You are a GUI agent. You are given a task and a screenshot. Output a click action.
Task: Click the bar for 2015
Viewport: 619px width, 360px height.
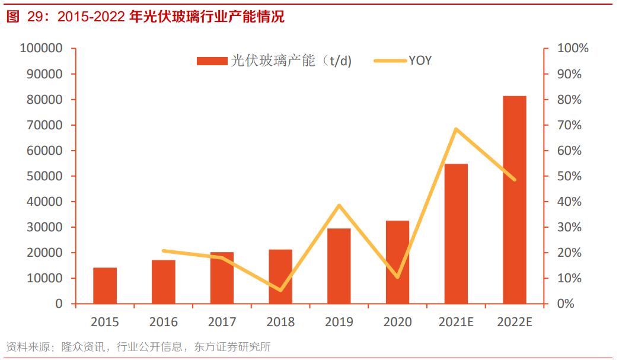(x=105, y=285)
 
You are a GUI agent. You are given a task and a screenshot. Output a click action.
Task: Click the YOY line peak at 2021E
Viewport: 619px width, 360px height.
(x=455, y=129)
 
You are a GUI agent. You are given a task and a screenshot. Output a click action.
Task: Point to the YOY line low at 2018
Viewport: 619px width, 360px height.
(x=280, y=290)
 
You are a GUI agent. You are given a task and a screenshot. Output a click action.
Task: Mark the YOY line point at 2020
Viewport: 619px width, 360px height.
(x=397, y=277)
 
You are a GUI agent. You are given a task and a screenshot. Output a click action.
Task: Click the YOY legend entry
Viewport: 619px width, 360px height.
(x=420, y=60)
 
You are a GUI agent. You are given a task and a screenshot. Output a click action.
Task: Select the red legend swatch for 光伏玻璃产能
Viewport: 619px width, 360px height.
(x=212, y=60)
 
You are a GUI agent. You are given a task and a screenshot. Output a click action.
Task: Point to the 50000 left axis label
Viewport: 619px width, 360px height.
(x=44, y=176)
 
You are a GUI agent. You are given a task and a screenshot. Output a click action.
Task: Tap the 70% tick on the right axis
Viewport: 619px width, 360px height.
(x=573, y=125)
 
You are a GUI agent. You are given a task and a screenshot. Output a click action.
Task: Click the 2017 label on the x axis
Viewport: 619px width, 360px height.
(x=222, y=323)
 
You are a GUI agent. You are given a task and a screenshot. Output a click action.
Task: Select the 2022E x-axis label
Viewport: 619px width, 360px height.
(x=514, y=323)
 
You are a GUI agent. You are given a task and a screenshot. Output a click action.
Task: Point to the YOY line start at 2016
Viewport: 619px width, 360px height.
(x=164, y=251)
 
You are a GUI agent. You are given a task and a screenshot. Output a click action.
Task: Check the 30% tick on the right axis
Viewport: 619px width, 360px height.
(x=573, y=227)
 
